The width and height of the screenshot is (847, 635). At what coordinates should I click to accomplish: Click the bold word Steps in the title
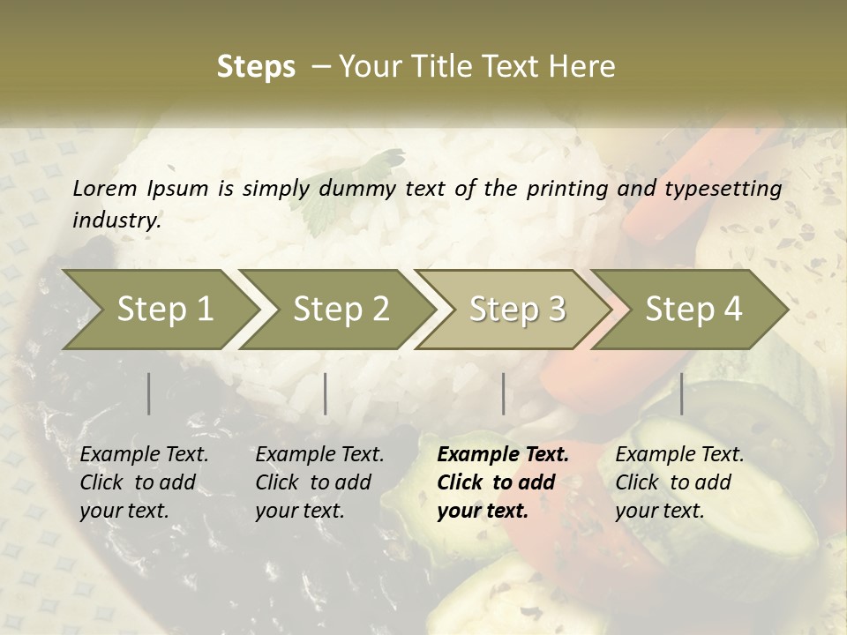(x=256, y=66)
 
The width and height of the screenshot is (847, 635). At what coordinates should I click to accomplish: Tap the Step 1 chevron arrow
(x=159, y=309)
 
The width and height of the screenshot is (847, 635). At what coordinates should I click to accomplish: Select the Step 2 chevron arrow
(x=340, y=309)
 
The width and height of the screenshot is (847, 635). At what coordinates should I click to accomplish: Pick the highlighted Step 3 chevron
(x=516, y=309)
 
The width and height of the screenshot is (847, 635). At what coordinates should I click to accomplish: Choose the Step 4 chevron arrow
(x=693, y=309)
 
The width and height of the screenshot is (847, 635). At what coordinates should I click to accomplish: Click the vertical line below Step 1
(x=149, y=393)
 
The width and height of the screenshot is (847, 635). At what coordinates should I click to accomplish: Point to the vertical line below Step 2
(x=326, y=393)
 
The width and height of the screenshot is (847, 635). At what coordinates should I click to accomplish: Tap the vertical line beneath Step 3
(x=504, y=393)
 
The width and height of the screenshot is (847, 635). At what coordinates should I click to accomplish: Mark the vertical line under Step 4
(x=682, y=393)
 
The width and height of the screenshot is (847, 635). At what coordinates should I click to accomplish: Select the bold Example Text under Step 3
(x=503, y=455)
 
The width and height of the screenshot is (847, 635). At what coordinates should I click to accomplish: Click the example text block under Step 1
(x=144, y=482)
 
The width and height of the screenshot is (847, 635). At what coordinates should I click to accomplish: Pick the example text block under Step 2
(x=319, y=482)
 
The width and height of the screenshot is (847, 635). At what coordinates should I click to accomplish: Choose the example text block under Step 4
(x=679, y=482)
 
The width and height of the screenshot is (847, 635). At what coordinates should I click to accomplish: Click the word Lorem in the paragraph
(x=105, y=188)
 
